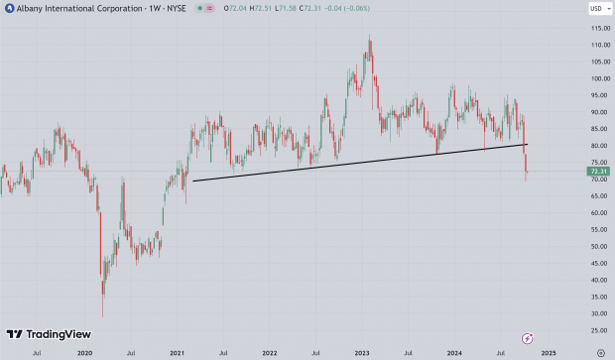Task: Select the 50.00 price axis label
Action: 596,246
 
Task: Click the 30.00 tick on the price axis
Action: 596,313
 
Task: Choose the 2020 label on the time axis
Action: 84,352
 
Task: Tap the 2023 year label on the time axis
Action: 362,352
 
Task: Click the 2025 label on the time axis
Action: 549,352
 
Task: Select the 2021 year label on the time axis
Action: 177,352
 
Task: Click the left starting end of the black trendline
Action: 192,180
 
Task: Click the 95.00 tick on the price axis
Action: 596,95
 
